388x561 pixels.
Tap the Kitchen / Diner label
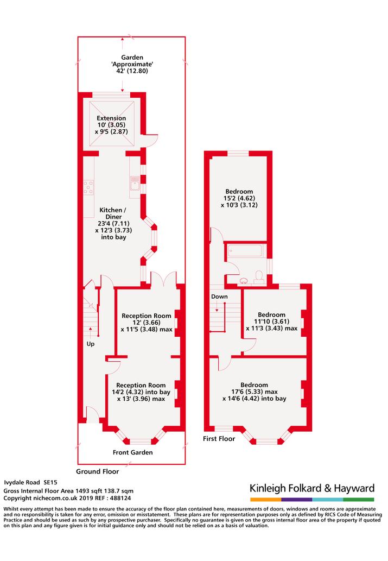[113, 213]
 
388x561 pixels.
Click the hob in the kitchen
[88, 187]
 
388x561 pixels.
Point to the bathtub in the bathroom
[245, 250]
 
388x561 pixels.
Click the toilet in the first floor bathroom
[258, 277]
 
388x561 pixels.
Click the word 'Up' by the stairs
[91, 344]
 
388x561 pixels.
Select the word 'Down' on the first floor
[219, 297]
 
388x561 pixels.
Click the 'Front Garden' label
[132, 452]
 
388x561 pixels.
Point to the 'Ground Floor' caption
[97, 471]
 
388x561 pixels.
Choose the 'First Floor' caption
[219, 439]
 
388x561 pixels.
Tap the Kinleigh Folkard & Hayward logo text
[312, 488]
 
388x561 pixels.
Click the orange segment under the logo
[266, 500]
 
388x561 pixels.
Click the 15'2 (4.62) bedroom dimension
[239, 198]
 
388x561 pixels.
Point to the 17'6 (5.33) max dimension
[255, 392]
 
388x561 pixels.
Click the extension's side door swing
[152, 141]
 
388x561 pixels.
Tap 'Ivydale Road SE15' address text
[30, 483]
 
